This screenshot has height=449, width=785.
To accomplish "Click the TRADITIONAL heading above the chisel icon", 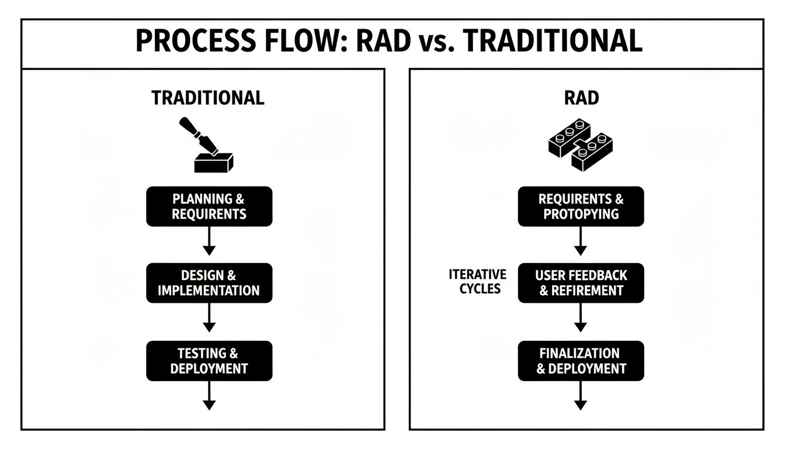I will click(208, 98).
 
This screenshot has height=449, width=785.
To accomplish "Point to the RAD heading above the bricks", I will click(581, 98).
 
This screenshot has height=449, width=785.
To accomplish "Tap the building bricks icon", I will click(581, 145).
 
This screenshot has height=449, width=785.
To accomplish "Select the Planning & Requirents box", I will click(209, 206).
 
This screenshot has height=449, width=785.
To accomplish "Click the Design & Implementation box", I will click(209, 283).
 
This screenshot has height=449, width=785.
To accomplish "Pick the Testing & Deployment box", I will click(209, 361).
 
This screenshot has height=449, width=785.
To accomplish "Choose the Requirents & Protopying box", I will click(581, 206).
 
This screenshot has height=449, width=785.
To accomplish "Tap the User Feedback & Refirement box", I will click(581, 283).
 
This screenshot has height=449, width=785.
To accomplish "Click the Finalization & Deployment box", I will click(581, 361).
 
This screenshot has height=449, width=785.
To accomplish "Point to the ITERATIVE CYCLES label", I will click(478, 281).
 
